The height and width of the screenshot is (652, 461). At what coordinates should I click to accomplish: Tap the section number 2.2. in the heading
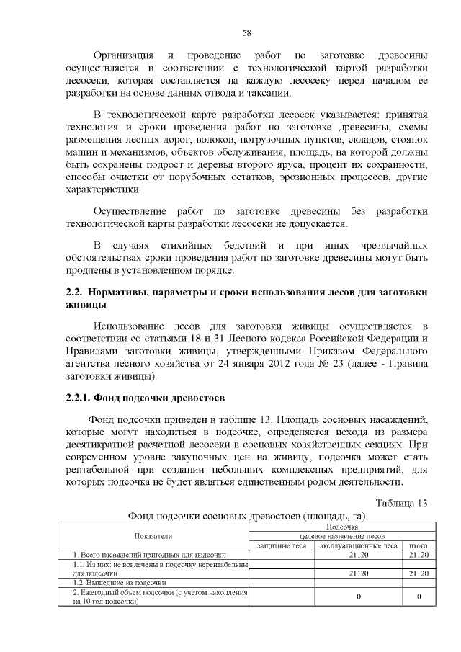74,292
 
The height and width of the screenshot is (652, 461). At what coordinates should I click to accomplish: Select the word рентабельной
100,470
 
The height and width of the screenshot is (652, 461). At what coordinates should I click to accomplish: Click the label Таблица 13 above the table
401,502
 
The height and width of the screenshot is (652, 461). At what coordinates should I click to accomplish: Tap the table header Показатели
153,536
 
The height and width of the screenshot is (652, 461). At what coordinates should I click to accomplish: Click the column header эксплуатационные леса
358,545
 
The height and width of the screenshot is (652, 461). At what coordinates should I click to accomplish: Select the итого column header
418,545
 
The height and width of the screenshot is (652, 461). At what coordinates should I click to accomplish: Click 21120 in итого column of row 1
418,555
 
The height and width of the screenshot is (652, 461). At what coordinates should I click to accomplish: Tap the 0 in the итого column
418,597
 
